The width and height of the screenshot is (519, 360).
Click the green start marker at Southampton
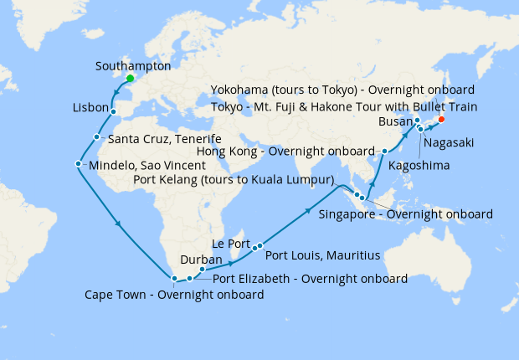pos(130,80)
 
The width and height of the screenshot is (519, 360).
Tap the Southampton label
pos(133,65)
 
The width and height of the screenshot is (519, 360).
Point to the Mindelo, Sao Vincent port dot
pos(78,164)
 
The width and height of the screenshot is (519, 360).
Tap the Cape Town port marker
pos(173,279)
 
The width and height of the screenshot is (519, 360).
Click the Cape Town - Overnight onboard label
pos(174,295)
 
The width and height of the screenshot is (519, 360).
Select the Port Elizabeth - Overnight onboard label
pos(311,278)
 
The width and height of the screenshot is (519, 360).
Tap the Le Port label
pos(231,244)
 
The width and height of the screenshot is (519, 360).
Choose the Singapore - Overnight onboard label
pos(406,214)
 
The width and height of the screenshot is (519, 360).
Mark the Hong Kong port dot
pos(384,152)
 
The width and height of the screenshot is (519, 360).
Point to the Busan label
pos(396,121)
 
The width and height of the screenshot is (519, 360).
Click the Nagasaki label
pos(449,143)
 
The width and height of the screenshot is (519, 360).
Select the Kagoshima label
pos(419,166)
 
